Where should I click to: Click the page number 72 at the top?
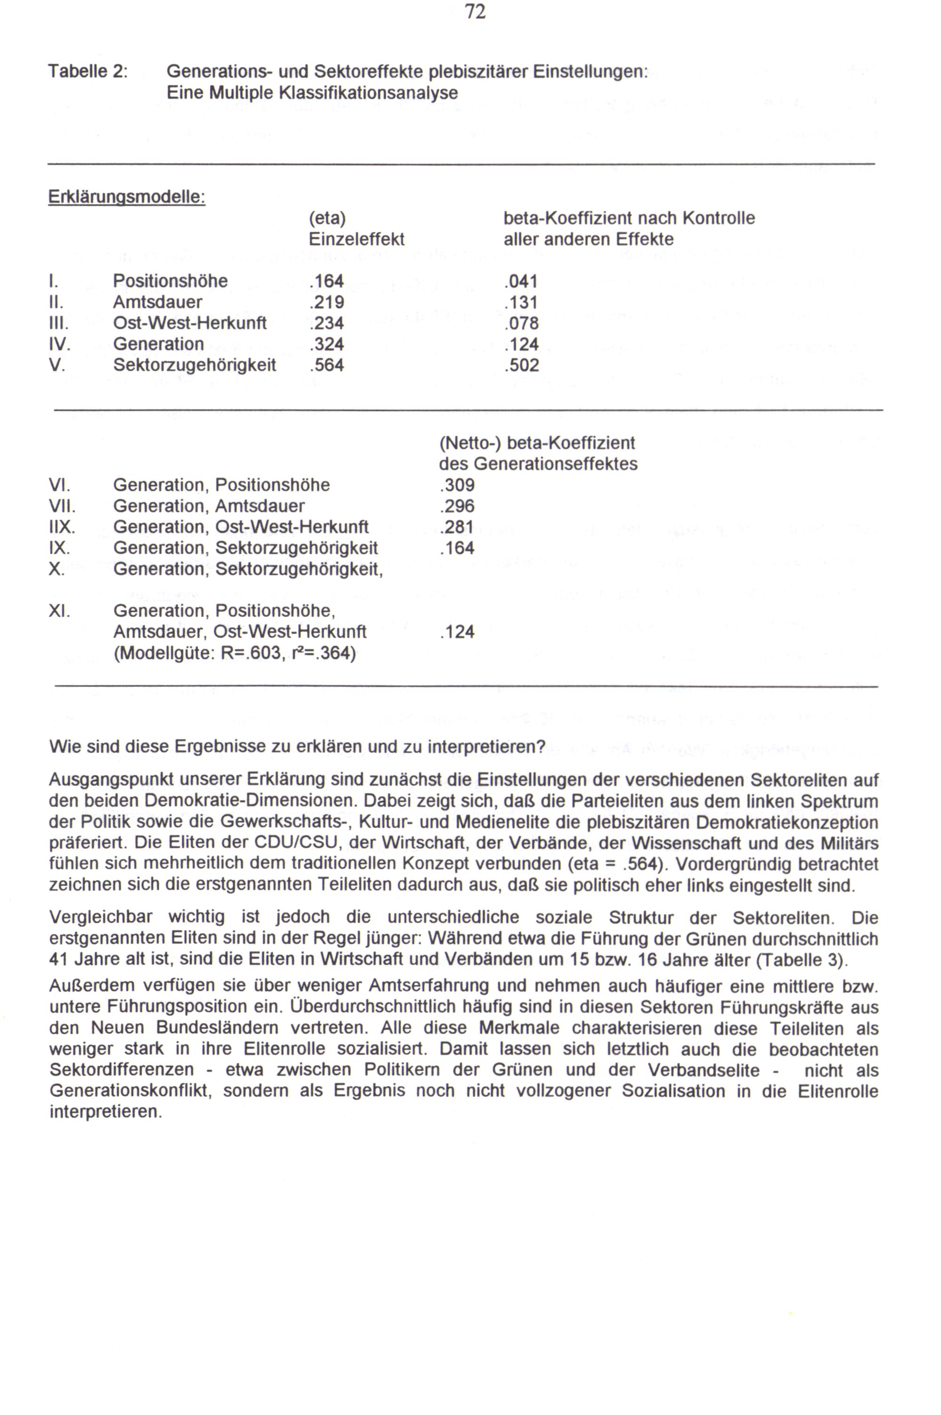(475, 12)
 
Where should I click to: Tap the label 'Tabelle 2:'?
(88, 72)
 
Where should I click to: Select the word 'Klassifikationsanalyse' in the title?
(368, 93)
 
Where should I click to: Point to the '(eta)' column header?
(327, 218)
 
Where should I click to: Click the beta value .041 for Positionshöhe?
(521, 281)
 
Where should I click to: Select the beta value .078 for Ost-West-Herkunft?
(521, 323)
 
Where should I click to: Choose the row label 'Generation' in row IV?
(159, 344)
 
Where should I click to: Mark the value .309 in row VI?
(457, 485)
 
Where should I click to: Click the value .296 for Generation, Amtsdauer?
(457, 506)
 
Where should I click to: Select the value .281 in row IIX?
(457, 527)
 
